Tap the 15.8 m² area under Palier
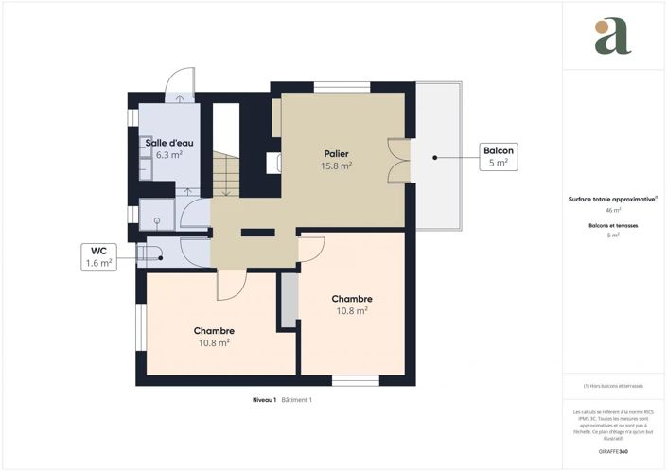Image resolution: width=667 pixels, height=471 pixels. point(337,166)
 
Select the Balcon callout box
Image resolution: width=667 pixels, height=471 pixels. point(499,156)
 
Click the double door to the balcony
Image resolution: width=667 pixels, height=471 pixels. point(398,157)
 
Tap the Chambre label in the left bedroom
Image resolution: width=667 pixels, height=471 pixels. point(214,330)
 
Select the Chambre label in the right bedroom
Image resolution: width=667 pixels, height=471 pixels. point(351,298)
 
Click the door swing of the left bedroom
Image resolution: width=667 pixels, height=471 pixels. point(232,284)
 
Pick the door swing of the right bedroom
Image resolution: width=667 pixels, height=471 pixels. point(311,248)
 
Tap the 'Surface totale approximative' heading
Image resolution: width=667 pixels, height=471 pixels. point(612,200)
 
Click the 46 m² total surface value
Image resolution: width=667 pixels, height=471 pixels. point(613,211)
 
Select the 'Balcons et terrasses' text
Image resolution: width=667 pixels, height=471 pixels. point(613,225)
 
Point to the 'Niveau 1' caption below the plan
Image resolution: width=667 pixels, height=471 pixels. point(264,400)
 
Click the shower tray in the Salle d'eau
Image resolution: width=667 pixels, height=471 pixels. point(157,216)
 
